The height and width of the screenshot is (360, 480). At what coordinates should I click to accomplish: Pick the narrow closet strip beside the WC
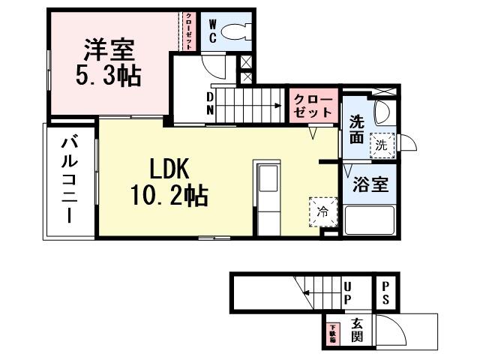tap(189, 32)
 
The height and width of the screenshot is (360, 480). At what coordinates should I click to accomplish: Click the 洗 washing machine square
tap(382, 145)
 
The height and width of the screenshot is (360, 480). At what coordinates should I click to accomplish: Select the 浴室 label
tap(368, 184)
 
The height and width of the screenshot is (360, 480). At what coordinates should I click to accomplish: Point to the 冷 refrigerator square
tap(319, 211)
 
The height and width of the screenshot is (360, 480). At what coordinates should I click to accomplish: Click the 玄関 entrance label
tap(358, 330)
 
